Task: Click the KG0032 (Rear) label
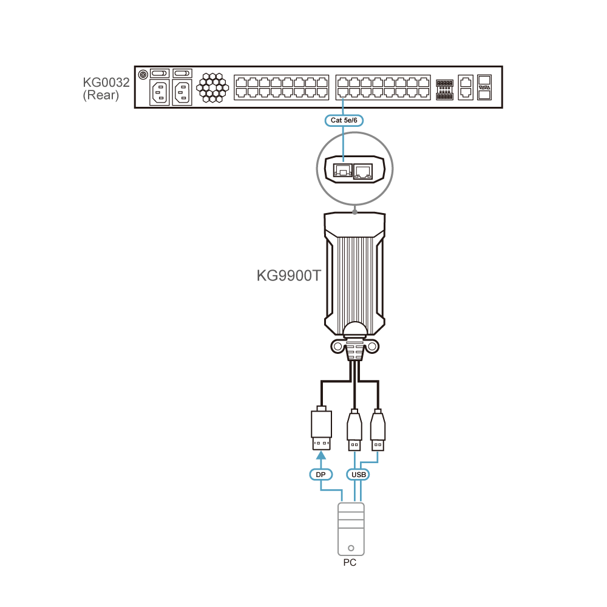[x=106, y=89]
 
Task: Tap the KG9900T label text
[x=289, y=276]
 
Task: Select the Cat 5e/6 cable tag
[x=344, y=120]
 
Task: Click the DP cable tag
[x=321, y=475]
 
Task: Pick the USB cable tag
[x=359, y=475]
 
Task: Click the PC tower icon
[x=351, y=529]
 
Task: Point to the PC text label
[x=350, y=563]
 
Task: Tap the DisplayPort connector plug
[x=321, y=429]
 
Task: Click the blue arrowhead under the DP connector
[x=321, y=455]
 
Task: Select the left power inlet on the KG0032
[x=160, y=93]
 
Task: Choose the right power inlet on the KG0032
[x=182, y=93]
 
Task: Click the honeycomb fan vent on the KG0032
[x=212, y=88]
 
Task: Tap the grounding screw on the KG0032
[x=143, y=74]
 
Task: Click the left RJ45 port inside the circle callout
[x=343, y=171]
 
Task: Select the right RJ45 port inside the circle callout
[x=363, y=171]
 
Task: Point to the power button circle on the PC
[x=351, y=548]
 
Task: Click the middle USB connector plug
[x=354, y=430]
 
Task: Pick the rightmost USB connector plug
[x=378, y=430]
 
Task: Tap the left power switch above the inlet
[x=159, y=73]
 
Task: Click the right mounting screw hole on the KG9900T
[x=372, y=346]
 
